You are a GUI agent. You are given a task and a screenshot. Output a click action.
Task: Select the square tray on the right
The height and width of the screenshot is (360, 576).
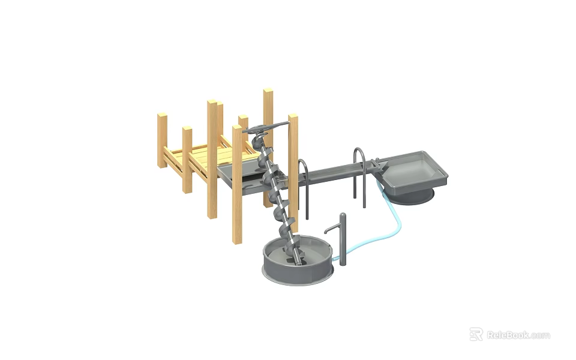(415, 171)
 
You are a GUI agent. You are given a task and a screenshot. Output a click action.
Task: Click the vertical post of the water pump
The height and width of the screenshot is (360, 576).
(343, 240)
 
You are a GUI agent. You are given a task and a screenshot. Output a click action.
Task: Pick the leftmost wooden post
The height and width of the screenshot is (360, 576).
(162, 141)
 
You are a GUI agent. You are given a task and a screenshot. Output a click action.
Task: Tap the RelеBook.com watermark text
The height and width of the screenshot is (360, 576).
(518, 335)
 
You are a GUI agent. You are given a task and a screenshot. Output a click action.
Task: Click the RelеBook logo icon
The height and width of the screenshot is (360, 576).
(476, 334)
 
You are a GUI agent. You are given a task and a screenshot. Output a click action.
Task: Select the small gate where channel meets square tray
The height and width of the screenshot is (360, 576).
(376, 165)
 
